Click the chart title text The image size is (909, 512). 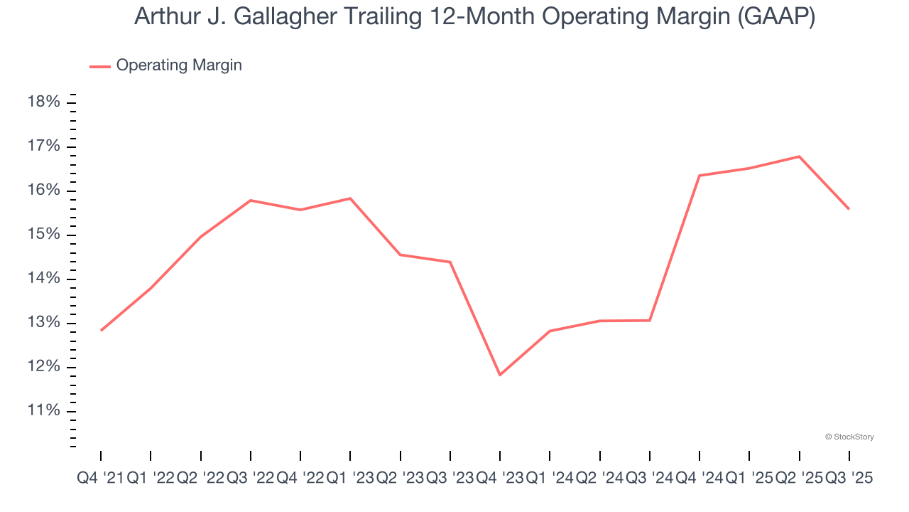(x=474, y=17)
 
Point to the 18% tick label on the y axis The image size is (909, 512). (x=43, y=102)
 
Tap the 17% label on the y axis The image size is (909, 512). (x=43, y=146)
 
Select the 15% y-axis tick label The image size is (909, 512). (x=43, y=235)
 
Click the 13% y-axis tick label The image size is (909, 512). (x=43, y=323)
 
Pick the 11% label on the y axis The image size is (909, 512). (x=43, y=411)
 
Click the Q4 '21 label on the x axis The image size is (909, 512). (x=100, y=479)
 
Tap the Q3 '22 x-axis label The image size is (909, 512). (x=250, y=479)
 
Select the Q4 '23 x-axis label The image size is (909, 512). (x=500, y=479)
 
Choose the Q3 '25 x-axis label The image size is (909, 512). (x=849, y=479)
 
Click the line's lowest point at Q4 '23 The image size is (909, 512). (x=500, y=375)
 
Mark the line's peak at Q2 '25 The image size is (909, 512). (x=800, y=156)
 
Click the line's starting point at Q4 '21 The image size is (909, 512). (x=101, y=331)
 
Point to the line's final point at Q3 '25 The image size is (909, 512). (x=849, y=209)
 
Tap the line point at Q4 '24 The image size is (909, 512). (x=700, y=176)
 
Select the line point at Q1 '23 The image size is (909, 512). (x=350, y=198)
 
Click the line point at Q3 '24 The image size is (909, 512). (x=650, y=320)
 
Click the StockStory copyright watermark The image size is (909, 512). (x=849, y=437)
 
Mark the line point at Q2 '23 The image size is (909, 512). (x=401, y=255)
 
